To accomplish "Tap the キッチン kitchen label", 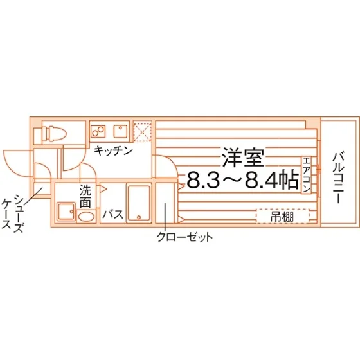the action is tap(113, 151).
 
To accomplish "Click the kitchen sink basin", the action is tap(121, 131).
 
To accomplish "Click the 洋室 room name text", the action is tap(242, 157).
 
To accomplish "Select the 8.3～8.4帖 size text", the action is tap(243, 181).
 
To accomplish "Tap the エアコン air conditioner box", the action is tap(306, 175).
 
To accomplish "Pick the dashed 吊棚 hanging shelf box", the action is tap(283, 216).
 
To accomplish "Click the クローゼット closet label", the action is tap(185, 237).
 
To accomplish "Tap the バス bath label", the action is tap(113, 214).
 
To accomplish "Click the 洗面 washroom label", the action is tap(85, 196).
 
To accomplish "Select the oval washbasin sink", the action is tap(86, 216).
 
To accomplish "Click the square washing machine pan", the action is tap(66, 212).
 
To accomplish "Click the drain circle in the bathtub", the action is tap(138, 217).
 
